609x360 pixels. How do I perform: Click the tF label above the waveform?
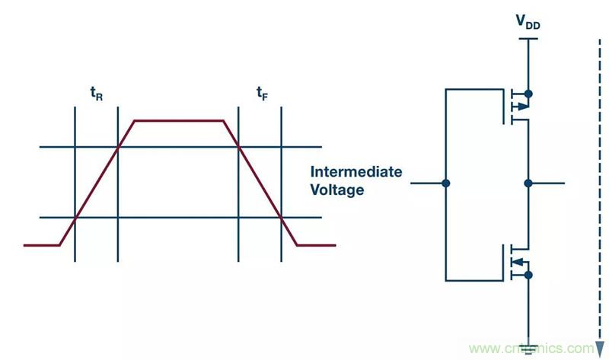pyautogui.click(x=261, y=94)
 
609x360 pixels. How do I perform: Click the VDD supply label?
pyautogui.click(x=528, y=24)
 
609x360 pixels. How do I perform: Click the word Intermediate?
pyautogui.click(x=356, y=172)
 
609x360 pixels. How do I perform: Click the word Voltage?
pyautogui.click(x=336, y=190)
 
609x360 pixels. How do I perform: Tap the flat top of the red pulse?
pyautogui.click(x=179, y=120)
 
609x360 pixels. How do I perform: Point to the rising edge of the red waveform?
pyautogui.click(x=97, y=182)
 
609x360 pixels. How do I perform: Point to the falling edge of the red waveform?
pyautogui.click(x=260, y=183)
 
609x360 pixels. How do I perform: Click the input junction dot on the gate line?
pyautogui.click(x=446, y=183)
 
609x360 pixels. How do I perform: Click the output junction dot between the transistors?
pyautogui.click(x=528, y=183)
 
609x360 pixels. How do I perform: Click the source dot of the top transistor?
pyautogui.click(x=528, y=94)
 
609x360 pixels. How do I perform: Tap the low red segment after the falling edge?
pyautogui.click(x=316, y=245)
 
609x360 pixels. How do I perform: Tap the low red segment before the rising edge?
pyautogui.click(x=42, y=245)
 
